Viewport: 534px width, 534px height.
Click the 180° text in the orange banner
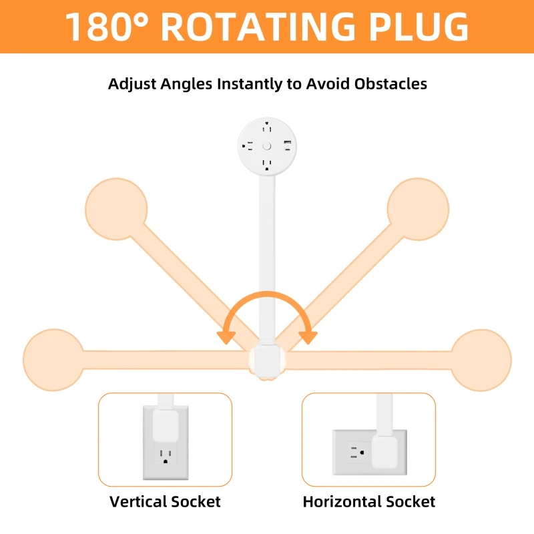[107, 27]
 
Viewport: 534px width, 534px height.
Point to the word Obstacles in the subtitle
[390, 84]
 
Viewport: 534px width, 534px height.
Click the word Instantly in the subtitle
[258, 84]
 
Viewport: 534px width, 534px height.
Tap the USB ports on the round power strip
[288, 146]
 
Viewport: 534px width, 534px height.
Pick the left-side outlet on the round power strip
[248, 146]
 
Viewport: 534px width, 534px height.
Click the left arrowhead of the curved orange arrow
[226, 338]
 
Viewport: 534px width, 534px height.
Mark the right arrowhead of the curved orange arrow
[308, 338]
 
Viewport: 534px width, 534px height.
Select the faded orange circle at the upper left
[116, 209]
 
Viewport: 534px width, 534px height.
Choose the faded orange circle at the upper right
[418, 209]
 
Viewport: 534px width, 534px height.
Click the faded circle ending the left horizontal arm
[53, 360]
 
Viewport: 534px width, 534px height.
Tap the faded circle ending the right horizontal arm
[481, 360]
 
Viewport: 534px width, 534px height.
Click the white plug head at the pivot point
[267, 360]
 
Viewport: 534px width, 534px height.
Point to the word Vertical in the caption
[138, 502]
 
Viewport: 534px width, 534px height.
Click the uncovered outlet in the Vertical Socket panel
[166, 457]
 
